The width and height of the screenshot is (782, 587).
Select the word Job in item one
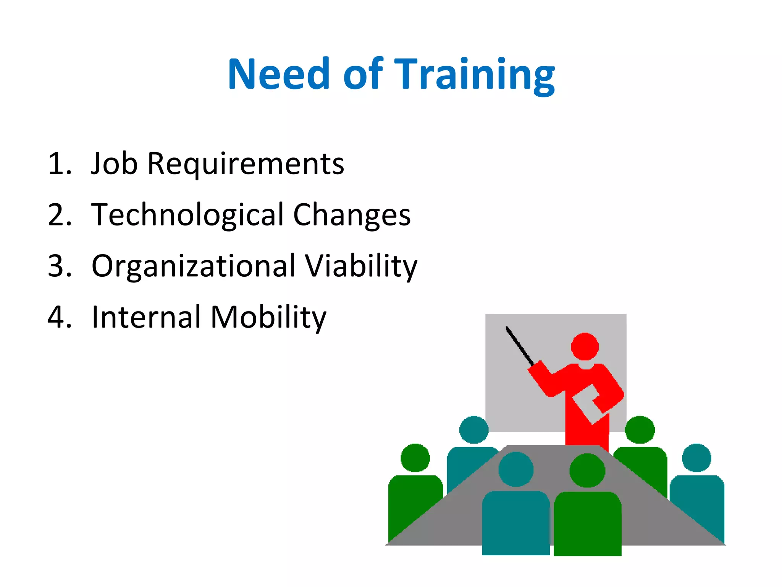[x=114, y=164]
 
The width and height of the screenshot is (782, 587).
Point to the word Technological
[x=187, y=215]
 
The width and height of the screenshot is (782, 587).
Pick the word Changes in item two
[x=352, y=215]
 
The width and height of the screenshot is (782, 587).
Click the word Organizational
[x=194, y=266]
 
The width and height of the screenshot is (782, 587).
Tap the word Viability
[x=361, y=266]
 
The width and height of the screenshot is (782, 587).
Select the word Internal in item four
[x=146, y=317]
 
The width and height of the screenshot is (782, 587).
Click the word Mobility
[x=268, y=318]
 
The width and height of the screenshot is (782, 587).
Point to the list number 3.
[x=59, y=266]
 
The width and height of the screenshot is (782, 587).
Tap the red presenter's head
[x=585, y=347]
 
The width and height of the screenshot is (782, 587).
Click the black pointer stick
[x=519, y=345]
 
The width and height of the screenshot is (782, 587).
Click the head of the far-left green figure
[x=415, y=458]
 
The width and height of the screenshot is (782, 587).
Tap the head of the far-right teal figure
[x=696, y=458]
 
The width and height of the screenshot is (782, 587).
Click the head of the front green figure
[x=587, y=470]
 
